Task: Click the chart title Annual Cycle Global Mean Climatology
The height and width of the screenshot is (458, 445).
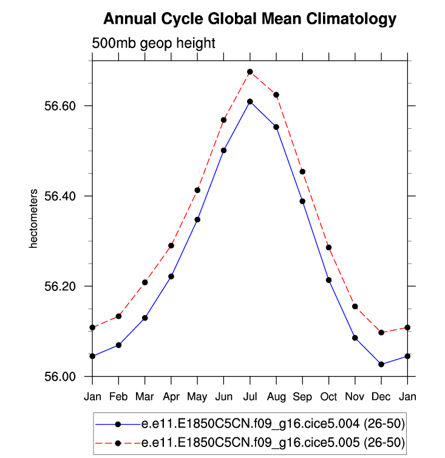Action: (250, 19)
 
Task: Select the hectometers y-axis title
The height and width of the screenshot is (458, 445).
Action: (34, 219)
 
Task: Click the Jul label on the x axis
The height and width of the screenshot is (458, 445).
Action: (250, 397)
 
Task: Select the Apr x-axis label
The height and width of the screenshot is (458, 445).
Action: (171, 397)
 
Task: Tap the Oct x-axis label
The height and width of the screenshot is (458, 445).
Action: (328, 397)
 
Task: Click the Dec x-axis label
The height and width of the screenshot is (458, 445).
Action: (381, 397)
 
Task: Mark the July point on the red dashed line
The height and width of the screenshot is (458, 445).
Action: (250, 72)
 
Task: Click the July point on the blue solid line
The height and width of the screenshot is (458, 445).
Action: (250, 101)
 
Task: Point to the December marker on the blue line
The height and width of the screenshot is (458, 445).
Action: (381, 364)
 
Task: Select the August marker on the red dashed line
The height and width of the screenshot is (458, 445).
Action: (276, 95)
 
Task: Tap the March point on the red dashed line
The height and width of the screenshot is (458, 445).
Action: (144, 282)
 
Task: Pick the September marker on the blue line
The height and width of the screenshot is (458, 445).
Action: (302, 201)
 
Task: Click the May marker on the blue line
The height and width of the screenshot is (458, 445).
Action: (197, 219)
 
